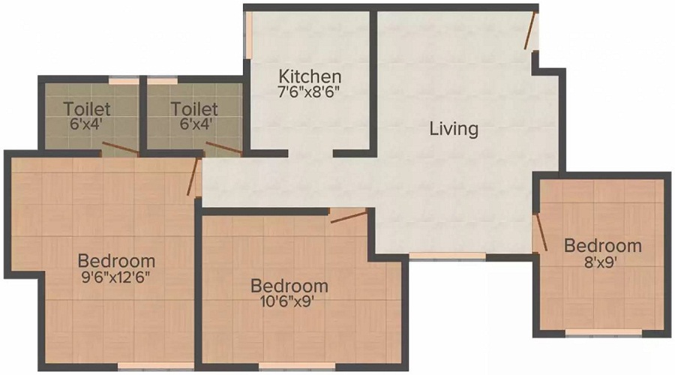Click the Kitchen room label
310,76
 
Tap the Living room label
454,128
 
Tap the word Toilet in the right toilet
194,109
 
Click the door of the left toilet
120,148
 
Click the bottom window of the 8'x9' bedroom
603,331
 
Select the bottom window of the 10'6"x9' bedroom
297,366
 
